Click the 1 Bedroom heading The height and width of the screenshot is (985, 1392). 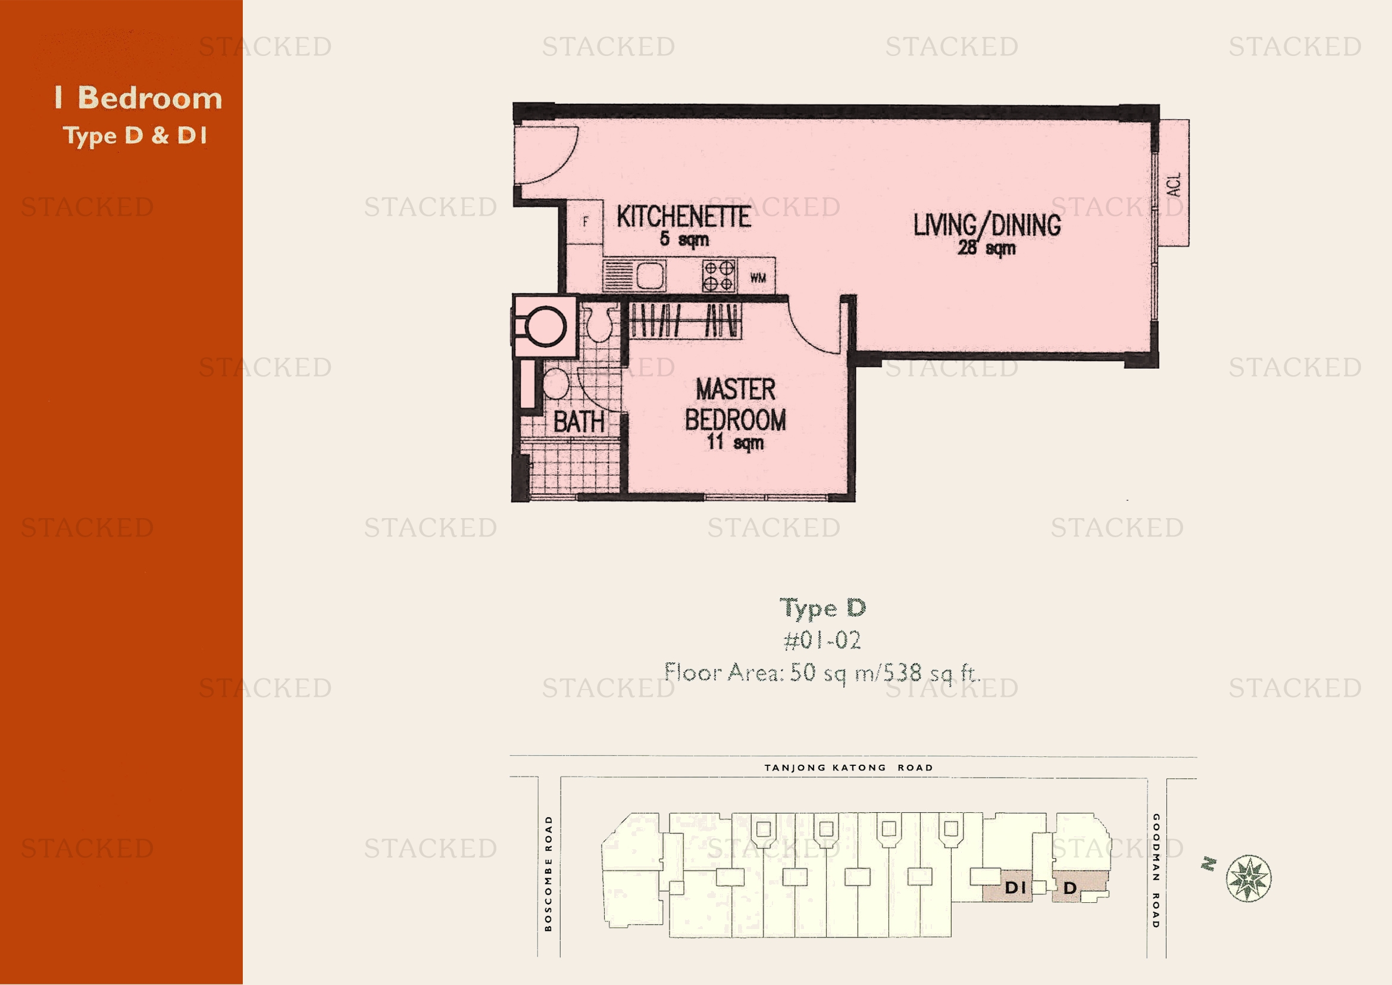click(138, 98)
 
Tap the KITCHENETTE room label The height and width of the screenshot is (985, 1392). click(684, 217)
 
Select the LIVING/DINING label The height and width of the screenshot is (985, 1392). click(987, 225)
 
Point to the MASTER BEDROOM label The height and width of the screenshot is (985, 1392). click(736, 404)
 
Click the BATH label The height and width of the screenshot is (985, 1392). click(578, 422)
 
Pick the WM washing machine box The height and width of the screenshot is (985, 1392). click(757, 276)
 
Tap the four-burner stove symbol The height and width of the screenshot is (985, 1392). click(719, 276)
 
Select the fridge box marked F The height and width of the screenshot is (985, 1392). click(585, 222)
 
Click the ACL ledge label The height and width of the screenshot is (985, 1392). click(1174, 184)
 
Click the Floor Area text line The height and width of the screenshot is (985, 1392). click(822, 672)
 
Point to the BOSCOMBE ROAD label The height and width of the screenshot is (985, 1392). click(549, 874)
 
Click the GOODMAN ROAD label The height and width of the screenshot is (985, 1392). click(1156, 871)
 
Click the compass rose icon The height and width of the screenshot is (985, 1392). click(1249, 878)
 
